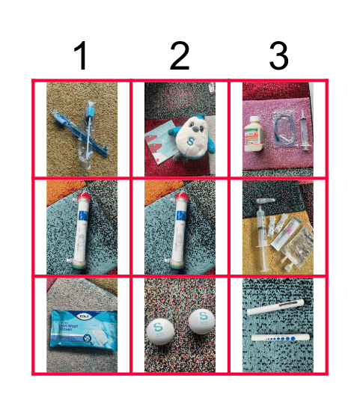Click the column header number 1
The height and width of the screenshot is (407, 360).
pos(82,56)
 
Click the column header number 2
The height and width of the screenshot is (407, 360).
pos(180,56)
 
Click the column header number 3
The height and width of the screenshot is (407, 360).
pos(278,56)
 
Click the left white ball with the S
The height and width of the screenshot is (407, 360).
pos(159,328)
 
